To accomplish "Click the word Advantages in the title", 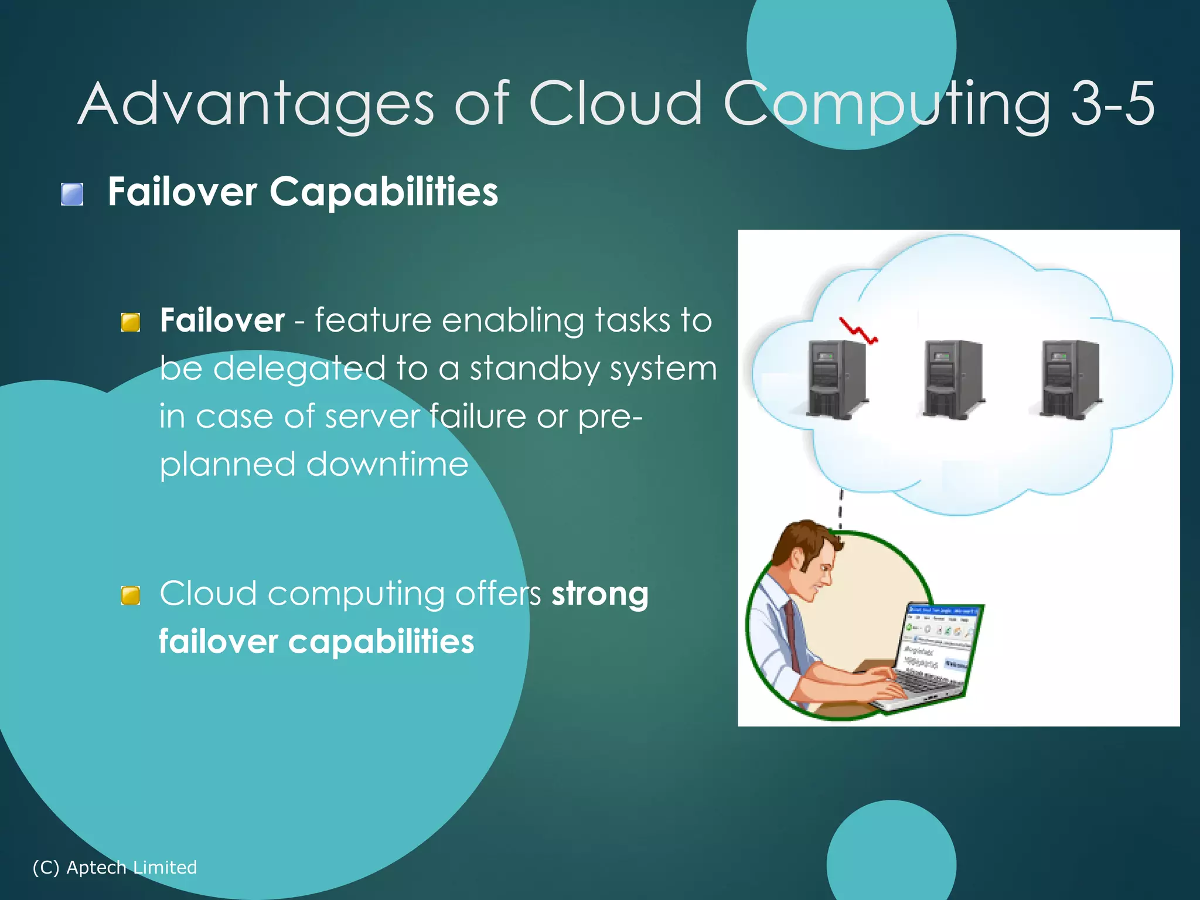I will pyautogui.click(x=255, y=104).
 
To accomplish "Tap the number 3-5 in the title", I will pyautogui.click(x=1112, y=104).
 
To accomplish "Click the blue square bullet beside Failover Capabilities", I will pyautogui.click(x=72, y=194).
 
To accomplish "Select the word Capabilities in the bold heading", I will pyautogui.click(x=383, y=192).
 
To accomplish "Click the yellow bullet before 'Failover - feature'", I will pyautogui.click(x=130, y=322).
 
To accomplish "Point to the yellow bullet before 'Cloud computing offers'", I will pyautogui.click(x=130, y=595).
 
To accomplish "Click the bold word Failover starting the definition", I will pyautogui.click(x=222, y=321).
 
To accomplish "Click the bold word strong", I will pyautogui.click(x=599, y=594).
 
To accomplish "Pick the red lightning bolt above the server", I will pyautogui.click(x=858, y=331).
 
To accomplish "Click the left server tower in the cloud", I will pyautogui.click(x=836, y=379).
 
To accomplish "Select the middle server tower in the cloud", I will pyautogui.click(x=952, y=379).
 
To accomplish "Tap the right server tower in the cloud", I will pyautogui.click(x=1069, y=379).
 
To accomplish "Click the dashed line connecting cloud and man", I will pyautogui.click(x=840, y=509).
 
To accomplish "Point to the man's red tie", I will pyautogui.click(x=792, y=636).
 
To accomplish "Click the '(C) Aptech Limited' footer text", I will pyautogui.click(x=115, y=867).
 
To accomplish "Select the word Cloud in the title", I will pyautogui.click(x=615, y=104).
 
